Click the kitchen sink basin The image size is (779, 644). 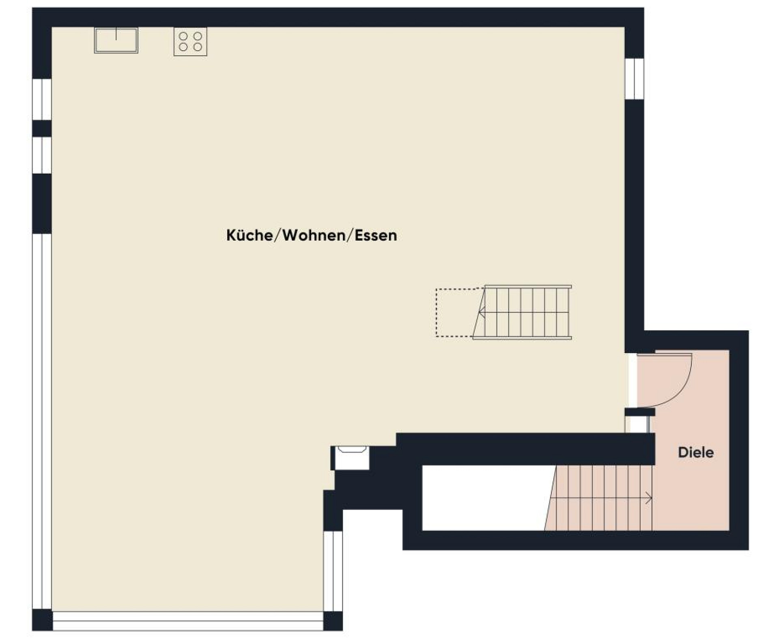116,41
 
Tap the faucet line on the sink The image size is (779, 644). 116,34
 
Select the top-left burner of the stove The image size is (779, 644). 183,37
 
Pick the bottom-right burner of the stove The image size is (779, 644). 198,47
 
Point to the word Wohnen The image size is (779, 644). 313,235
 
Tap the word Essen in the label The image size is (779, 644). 376,235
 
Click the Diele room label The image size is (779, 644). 695,452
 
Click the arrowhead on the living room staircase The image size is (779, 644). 482,312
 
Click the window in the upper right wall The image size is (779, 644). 634,79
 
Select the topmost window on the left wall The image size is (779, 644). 42,99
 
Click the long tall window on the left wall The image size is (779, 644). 42,422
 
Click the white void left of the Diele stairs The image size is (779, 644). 483,498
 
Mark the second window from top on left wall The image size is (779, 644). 42,155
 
